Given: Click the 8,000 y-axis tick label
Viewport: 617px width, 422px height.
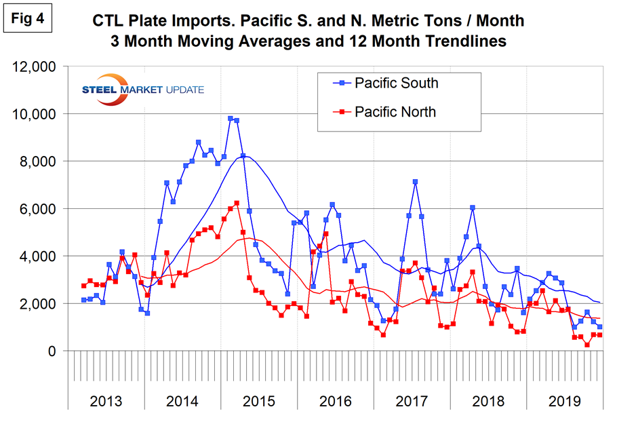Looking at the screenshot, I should (x=42, y=161).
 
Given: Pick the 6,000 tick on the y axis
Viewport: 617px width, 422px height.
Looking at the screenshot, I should (x=42, y=209).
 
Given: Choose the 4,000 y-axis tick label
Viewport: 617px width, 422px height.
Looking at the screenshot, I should (x=42, y=256).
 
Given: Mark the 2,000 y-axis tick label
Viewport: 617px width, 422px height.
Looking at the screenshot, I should (x=42, y=304).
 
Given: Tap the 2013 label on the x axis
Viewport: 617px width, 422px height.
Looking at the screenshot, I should (x=107, y=400).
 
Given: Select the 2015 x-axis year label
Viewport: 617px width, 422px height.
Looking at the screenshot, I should (x=258, y=400).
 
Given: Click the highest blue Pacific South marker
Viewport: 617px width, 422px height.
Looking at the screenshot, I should (x=231, y=119).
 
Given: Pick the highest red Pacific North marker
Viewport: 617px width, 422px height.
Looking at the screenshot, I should (x=237, y=203).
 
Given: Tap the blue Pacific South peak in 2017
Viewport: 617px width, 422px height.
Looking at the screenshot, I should (x=415, y=182).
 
